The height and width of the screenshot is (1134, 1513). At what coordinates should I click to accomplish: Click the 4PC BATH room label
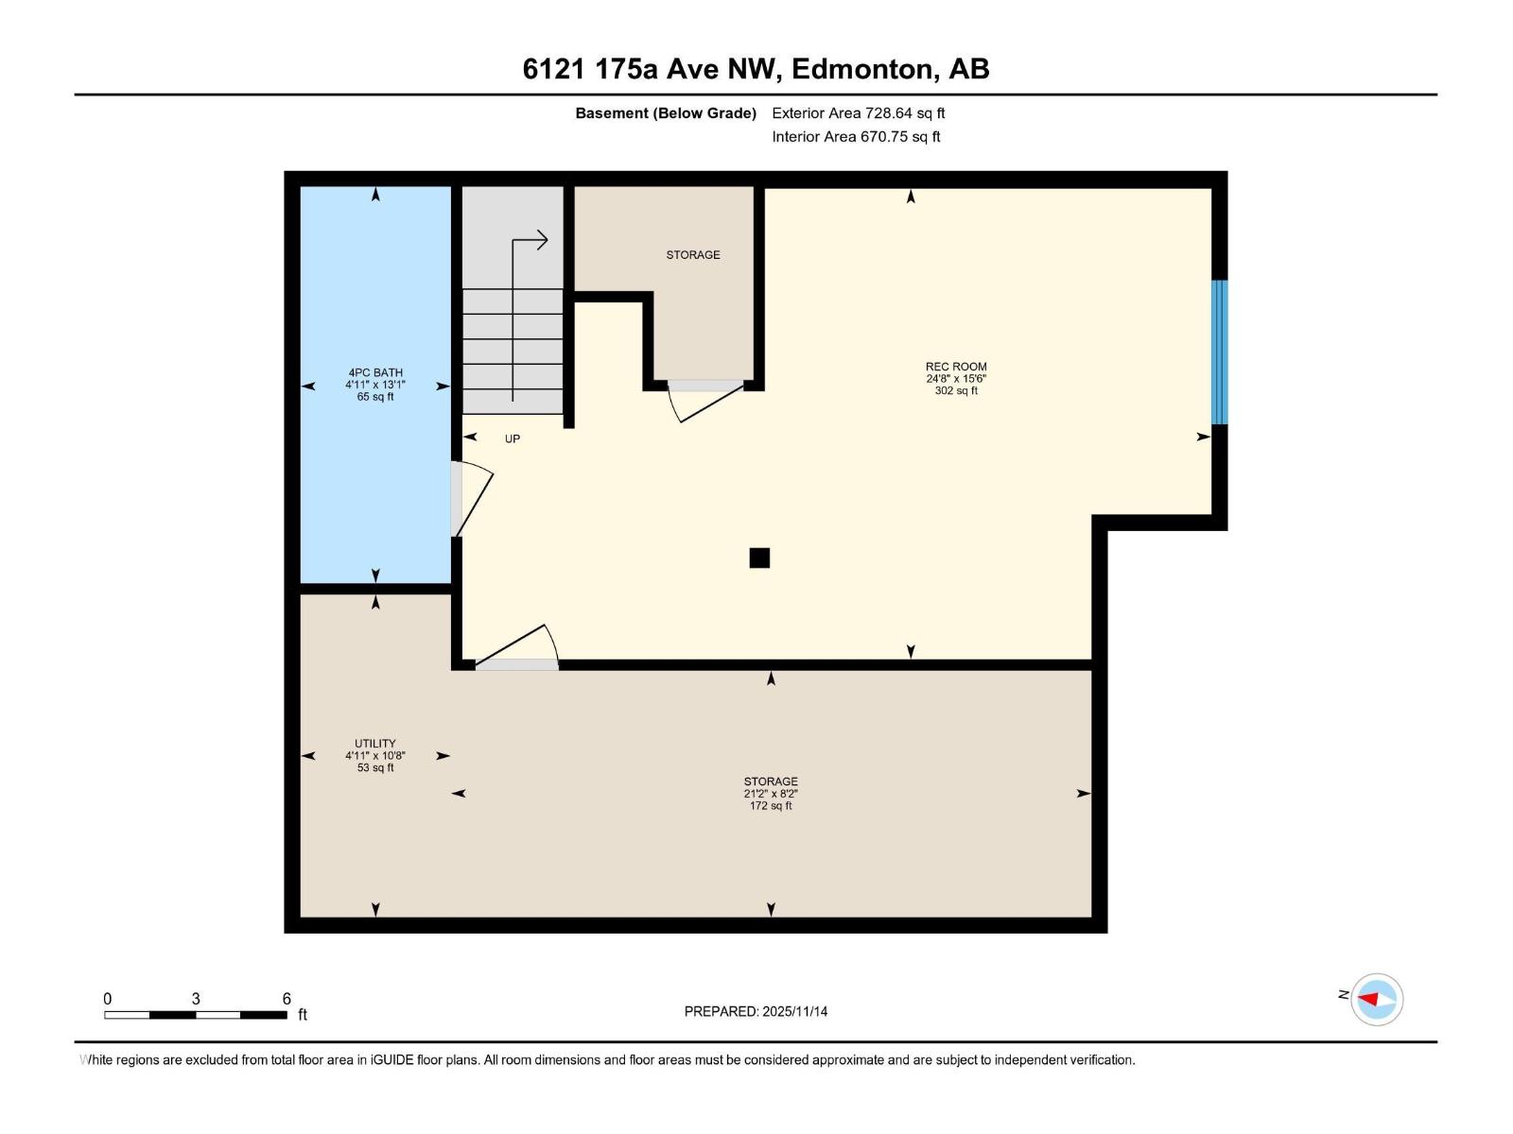coord(375,372)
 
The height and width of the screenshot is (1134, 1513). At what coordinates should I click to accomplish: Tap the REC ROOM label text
coord(956,367)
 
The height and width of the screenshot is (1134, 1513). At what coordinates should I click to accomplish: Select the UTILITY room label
coord(375,744)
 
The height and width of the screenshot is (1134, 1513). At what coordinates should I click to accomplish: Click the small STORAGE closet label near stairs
coord(693,255)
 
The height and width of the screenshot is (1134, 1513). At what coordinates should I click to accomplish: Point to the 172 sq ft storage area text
coord(771,806)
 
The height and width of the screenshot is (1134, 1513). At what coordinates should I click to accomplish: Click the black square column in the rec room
coord(759,558)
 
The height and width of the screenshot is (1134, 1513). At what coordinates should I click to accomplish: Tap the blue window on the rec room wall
coord(1220,352)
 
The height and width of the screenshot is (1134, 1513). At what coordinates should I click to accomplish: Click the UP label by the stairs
coord(512,438)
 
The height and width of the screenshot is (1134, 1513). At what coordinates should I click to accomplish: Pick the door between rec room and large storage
coord(518,648)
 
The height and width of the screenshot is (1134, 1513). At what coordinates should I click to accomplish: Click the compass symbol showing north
coord(1376,999)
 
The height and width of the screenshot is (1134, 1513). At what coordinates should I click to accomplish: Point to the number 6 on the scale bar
coord(287,999)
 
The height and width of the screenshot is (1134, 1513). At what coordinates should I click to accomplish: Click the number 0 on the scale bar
coord(108,999)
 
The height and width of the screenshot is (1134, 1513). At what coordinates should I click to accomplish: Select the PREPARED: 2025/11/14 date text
coord(756,1011)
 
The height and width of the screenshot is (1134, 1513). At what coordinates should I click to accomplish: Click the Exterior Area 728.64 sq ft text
coord(858,113)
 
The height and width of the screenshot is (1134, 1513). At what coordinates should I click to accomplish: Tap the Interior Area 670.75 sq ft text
coord(856,137)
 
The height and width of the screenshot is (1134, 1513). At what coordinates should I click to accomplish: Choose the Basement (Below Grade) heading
coord(666,113)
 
